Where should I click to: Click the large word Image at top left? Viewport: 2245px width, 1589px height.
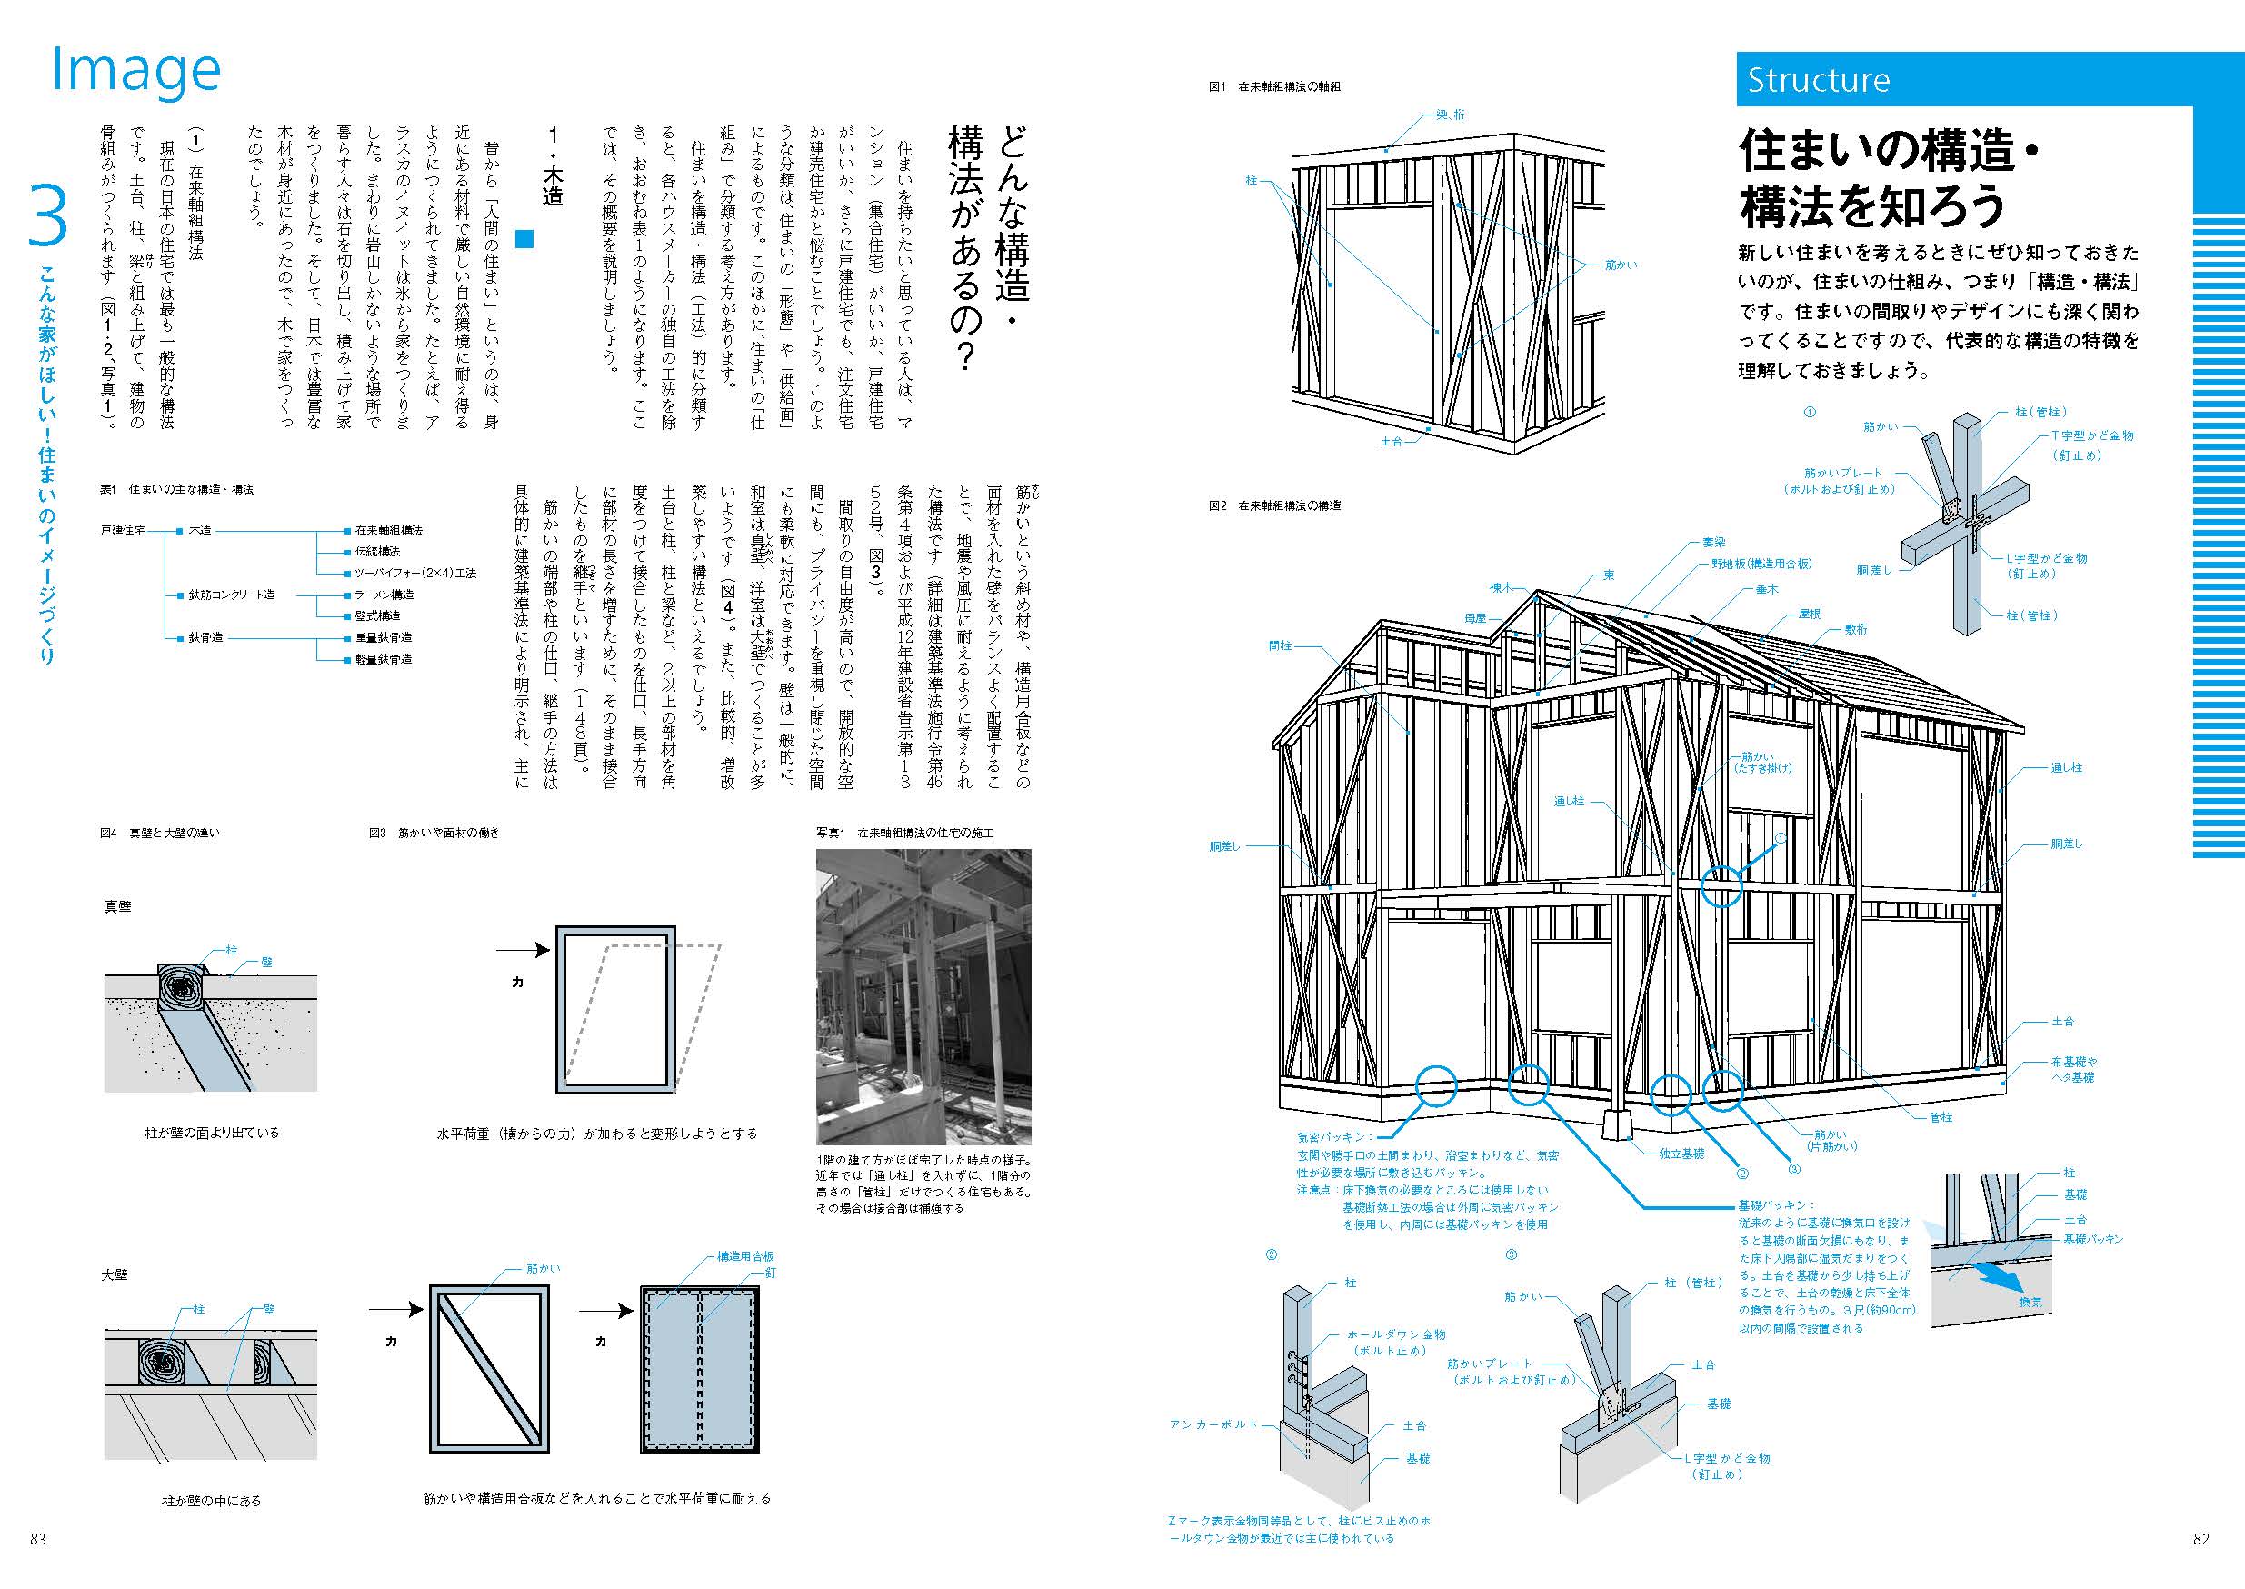(x=135, y=70)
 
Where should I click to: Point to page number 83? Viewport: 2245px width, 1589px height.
(x=38, y=1538)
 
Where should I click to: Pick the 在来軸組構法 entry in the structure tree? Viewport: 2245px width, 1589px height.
(x=388, y=530)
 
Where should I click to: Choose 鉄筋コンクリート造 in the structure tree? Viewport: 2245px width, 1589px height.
(x=231, y=595)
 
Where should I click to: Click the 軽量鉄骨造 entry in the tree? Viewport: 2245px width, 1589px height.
(x=383, y=659)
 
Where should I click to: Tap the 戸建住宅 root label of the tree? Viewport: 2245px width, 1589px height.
(x=123, y=530)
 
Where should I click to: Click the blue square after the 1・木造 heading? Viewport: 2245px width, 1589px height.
(x=525, y=239)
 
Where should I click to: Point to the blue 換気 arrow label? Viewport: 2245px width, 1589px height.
(x=2030, y=1303)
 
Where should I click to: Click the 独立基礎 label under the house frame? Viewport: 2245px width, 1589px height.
(x=1681, y=1154)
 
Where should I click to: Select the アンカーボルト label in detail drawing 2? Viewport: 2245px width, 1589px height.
(x=1213, y=1424)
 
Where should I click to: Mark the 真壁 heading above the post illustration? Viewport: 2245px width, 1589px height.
(x=117, y=907)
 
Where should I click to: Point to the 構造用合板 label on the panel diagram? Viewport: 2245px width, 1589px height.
(x=745, y=1256)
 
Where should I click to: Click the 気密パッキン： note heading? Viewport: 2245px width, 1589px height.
(x=1334, y=1137)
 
